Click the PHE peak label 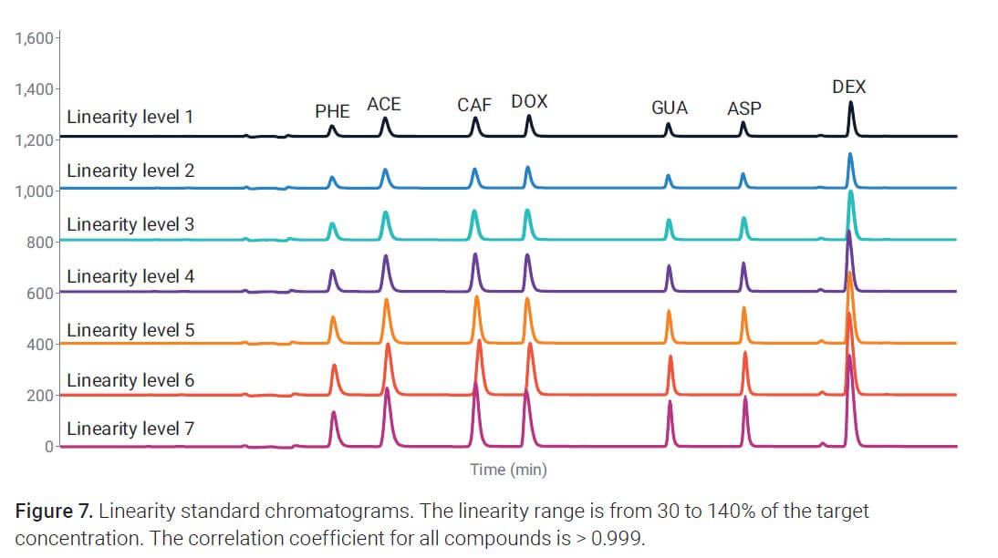tap(332, 111)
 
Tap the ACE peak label tap(384, 105)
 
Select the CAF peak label tap(474, 105)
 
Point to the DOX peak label tap(529, 101)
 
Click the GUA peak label tap(670, 108)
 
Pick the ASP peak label tap(743, 109)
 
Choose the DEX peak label tap(849, 88)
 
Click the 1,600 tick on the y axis tap(35, 39)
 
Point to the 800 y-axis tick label tap(42, 243)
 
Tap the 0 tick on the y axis tap(49, 447)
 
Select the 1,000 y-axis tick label tap(35, 191)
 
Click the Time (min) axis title tap(508, 470)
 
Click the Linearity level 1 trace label tap(130, 118)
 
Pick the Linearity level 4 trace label tap(130, 275)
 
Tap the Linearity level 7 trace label tap(130, 428)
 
